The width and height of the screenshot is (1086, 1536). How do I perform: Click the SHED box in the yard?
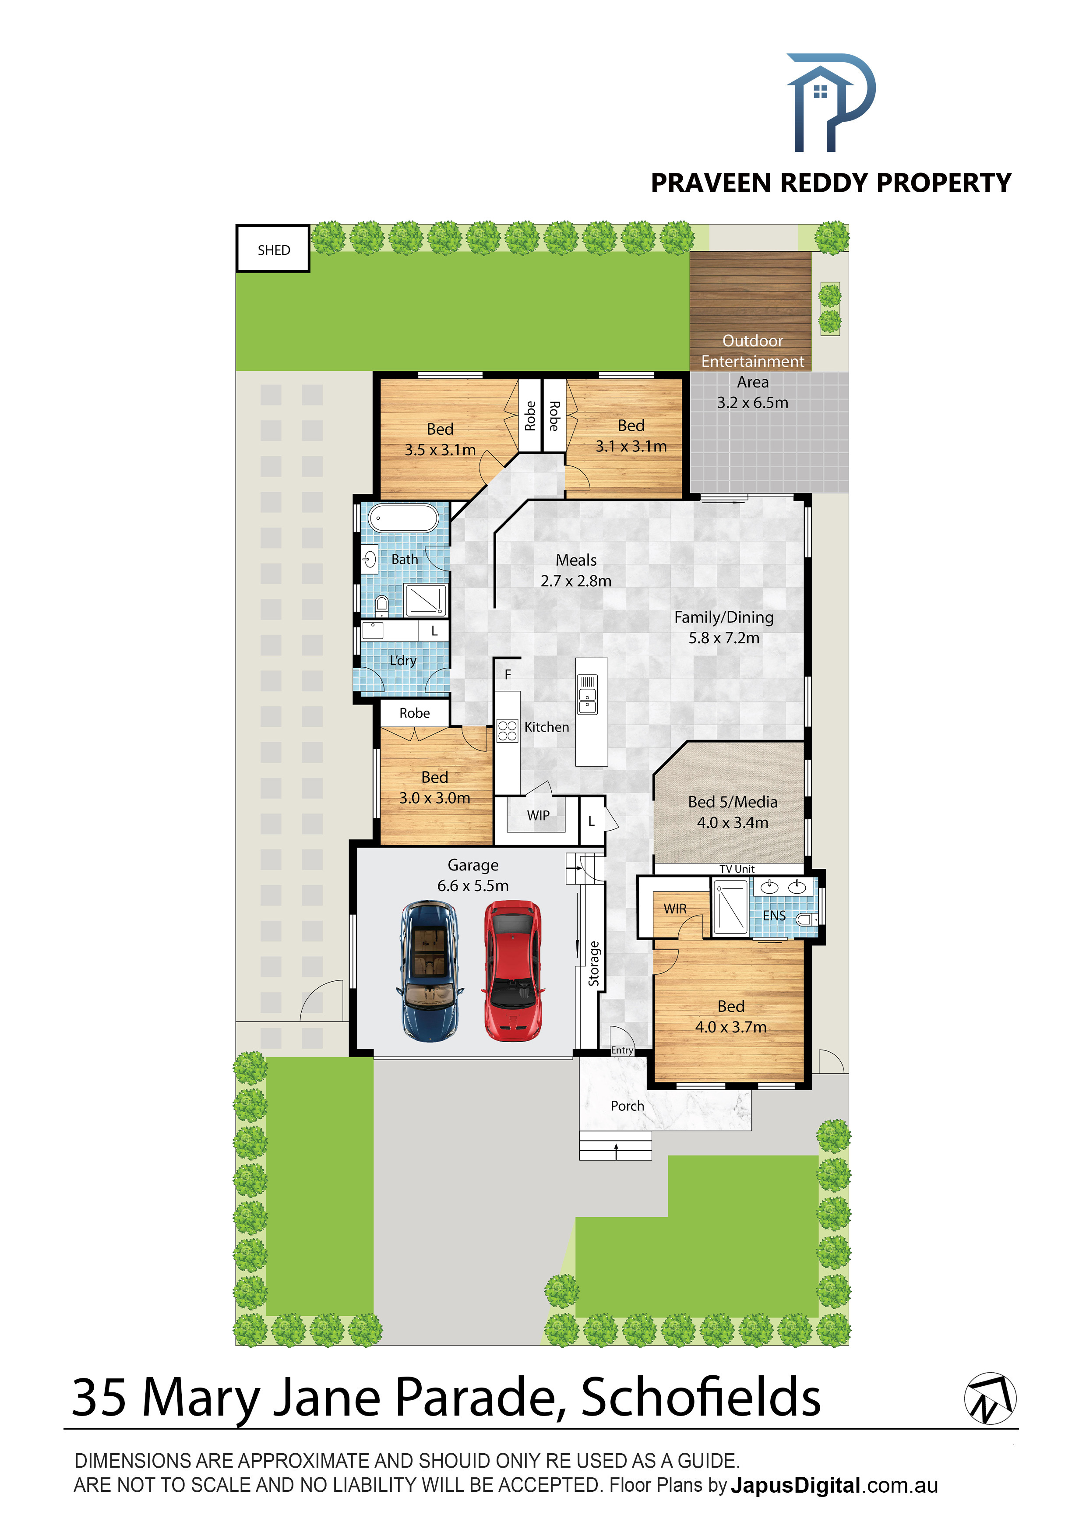click(x=273, y=248)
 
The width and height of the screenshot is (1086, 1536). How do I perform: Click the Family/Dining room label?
click(x=723, y=617)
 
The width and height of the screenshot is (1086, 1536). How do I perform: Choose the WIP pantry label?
click(x=538, y=815)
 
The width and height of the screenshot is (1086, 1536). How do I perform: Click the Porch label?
click(x=627, y=1106)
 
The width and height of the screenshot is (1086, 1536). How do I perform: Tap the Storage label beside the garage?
click(x=593, y=964)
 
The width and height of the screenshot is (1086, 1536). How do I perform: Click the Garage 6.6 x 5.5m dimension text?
click(x=473, y=886)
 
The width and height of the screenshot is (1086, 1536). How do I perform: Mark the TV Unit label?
click(x=737, y=869)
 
